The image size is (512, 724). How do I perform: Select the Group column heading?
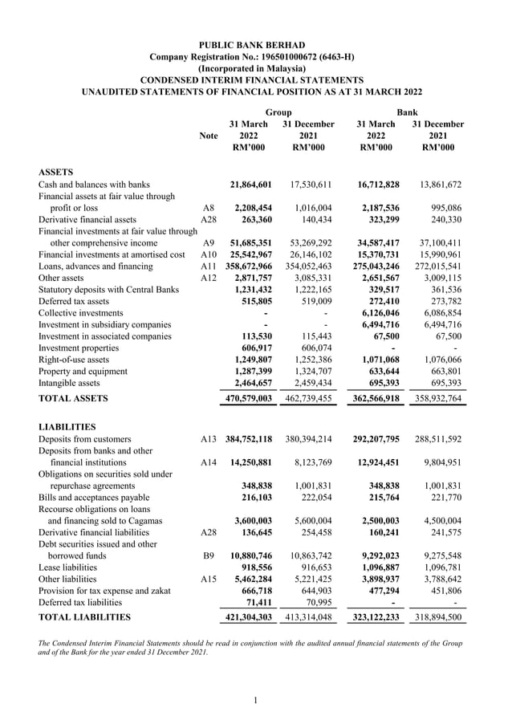(278, 112)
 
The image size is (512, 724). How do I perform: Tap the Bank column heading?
(407, 112)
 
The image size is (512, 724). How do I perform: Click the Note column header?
(208, 136)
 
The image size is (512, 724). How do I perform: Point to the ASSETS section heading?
(56, 172)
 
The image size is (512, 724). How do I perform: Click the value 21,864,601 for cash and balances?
(252, 185)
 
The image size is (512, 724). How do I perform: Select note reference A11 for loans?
(208, 266)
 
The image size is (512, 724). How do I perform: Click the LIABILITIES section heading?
(67, 427)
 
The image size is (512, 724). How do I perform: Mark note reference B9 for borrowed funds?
(208, 555)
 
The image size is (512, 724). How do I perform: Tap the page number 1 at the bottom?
(255, 702)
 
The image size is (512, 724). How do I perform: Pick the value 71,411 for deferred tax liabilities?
(257, 602)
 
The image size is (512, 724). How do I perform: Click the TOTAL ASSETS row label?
(73, 398)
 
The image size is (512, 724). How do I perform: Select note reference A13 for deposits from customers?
(208, 440)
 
